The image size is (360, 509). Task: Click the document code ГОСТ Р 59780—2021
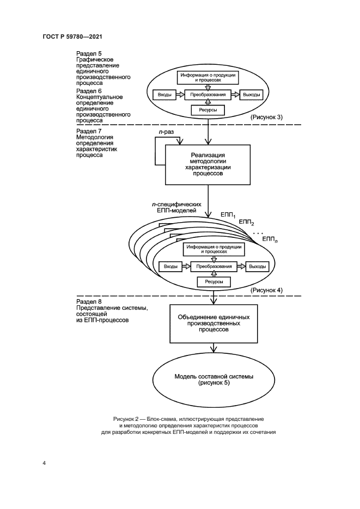pyautogui.click(x=73, y=36)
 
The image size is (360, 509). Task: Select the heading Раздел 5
pyautogui.click(x=89, y=54)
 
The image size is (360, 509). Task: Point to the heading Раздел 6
pyautogui.click(x=89, y=90)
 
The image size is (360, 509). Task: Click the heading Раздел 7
pyautogui.click(x=89, y=132)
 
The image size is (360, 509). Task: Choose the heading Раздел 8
pyautogui.click(x=89, y=301)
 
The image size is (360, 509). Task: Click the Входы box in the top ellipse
pyautogui.click(x=165, y=95)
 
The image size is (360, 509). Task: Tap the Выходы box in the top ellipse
pyautogui.click(x=251, y=95)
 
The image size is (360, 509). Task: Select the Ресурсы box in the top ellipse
pyautogui.click(x=208, y=111)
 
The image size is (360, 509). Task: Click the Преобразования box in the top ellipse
pyautogui.click(x=208, y=95)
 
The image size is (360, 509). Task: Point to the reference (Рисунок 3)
pyautogui.click(x=266, y=118)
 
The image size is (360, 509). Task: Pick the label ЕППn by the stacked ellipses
pyautogui.click(x=269, y=239)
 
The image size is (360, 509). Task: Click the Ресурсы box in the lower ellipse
pyautogui.click(x=213, y=282)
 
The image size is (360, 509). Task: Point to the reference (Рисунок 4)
pyautogui.click(x=266, y=291)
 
